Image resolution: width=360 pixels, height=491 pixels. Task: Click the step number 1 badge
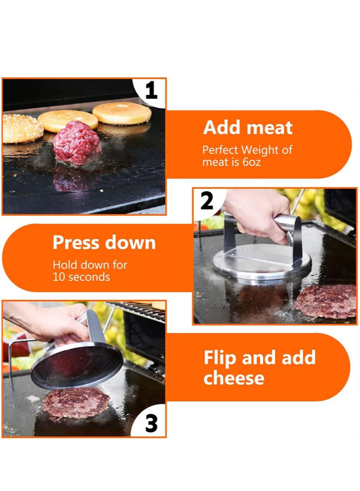(151, 90)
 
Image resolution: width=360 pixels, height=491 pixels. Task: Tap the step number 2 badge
(207, 201)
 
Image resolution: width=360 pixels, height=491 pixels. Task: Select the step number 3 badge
(151, 424)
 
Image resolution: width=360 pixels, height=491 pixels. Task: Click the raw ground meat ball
(77, 143)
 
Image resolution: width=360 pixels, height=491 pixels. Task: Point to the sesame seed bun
(22, 129)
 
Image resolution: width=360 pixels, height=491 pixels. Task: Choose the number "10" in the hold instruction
(59, 277)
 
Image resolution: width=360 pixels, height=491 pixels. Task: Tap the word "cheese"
(234, 378)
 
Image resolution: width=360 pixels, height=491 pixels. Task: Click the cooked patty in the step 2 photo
(325, 301)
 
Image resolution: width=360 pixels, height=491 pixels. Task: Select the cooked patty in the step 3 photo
(76, 403)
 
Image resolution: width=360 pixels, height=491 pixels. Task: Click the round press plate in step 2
(262, 263)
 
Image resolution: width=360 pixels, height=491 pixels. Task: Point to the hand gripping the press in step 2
(256, 213)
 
